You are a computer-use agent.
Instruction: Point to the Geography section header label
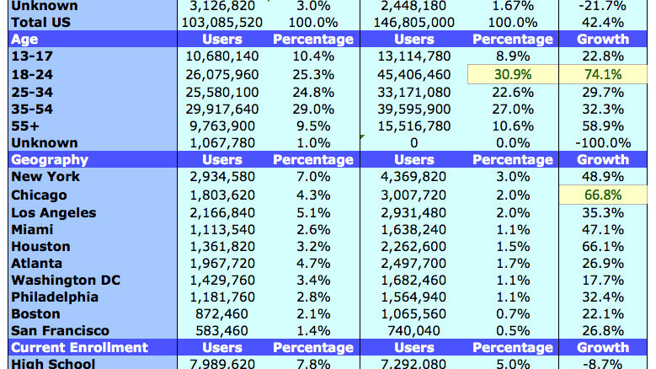pos(49,159)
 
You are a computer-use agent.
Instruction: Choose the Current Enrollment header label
pos(79,347)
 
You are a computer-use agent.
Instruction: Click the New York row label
pos(45,177)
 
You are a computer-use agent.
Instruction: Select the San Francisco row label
pos(59,331)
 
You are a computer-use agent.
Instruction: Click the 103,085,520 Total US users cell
pos(221,21)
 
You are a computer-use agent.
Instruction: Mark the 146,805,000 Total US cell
pos(413,21)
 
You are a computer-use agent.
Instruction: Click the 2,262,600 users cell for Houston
pos(414,246)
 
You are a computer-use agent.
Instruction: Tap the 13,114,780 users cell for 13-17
pos(414,56)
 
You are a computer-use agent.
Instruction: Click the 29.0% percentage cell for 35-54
pos(312,108)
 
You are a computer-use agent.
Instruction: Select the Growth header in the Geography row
pos(603,159)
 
